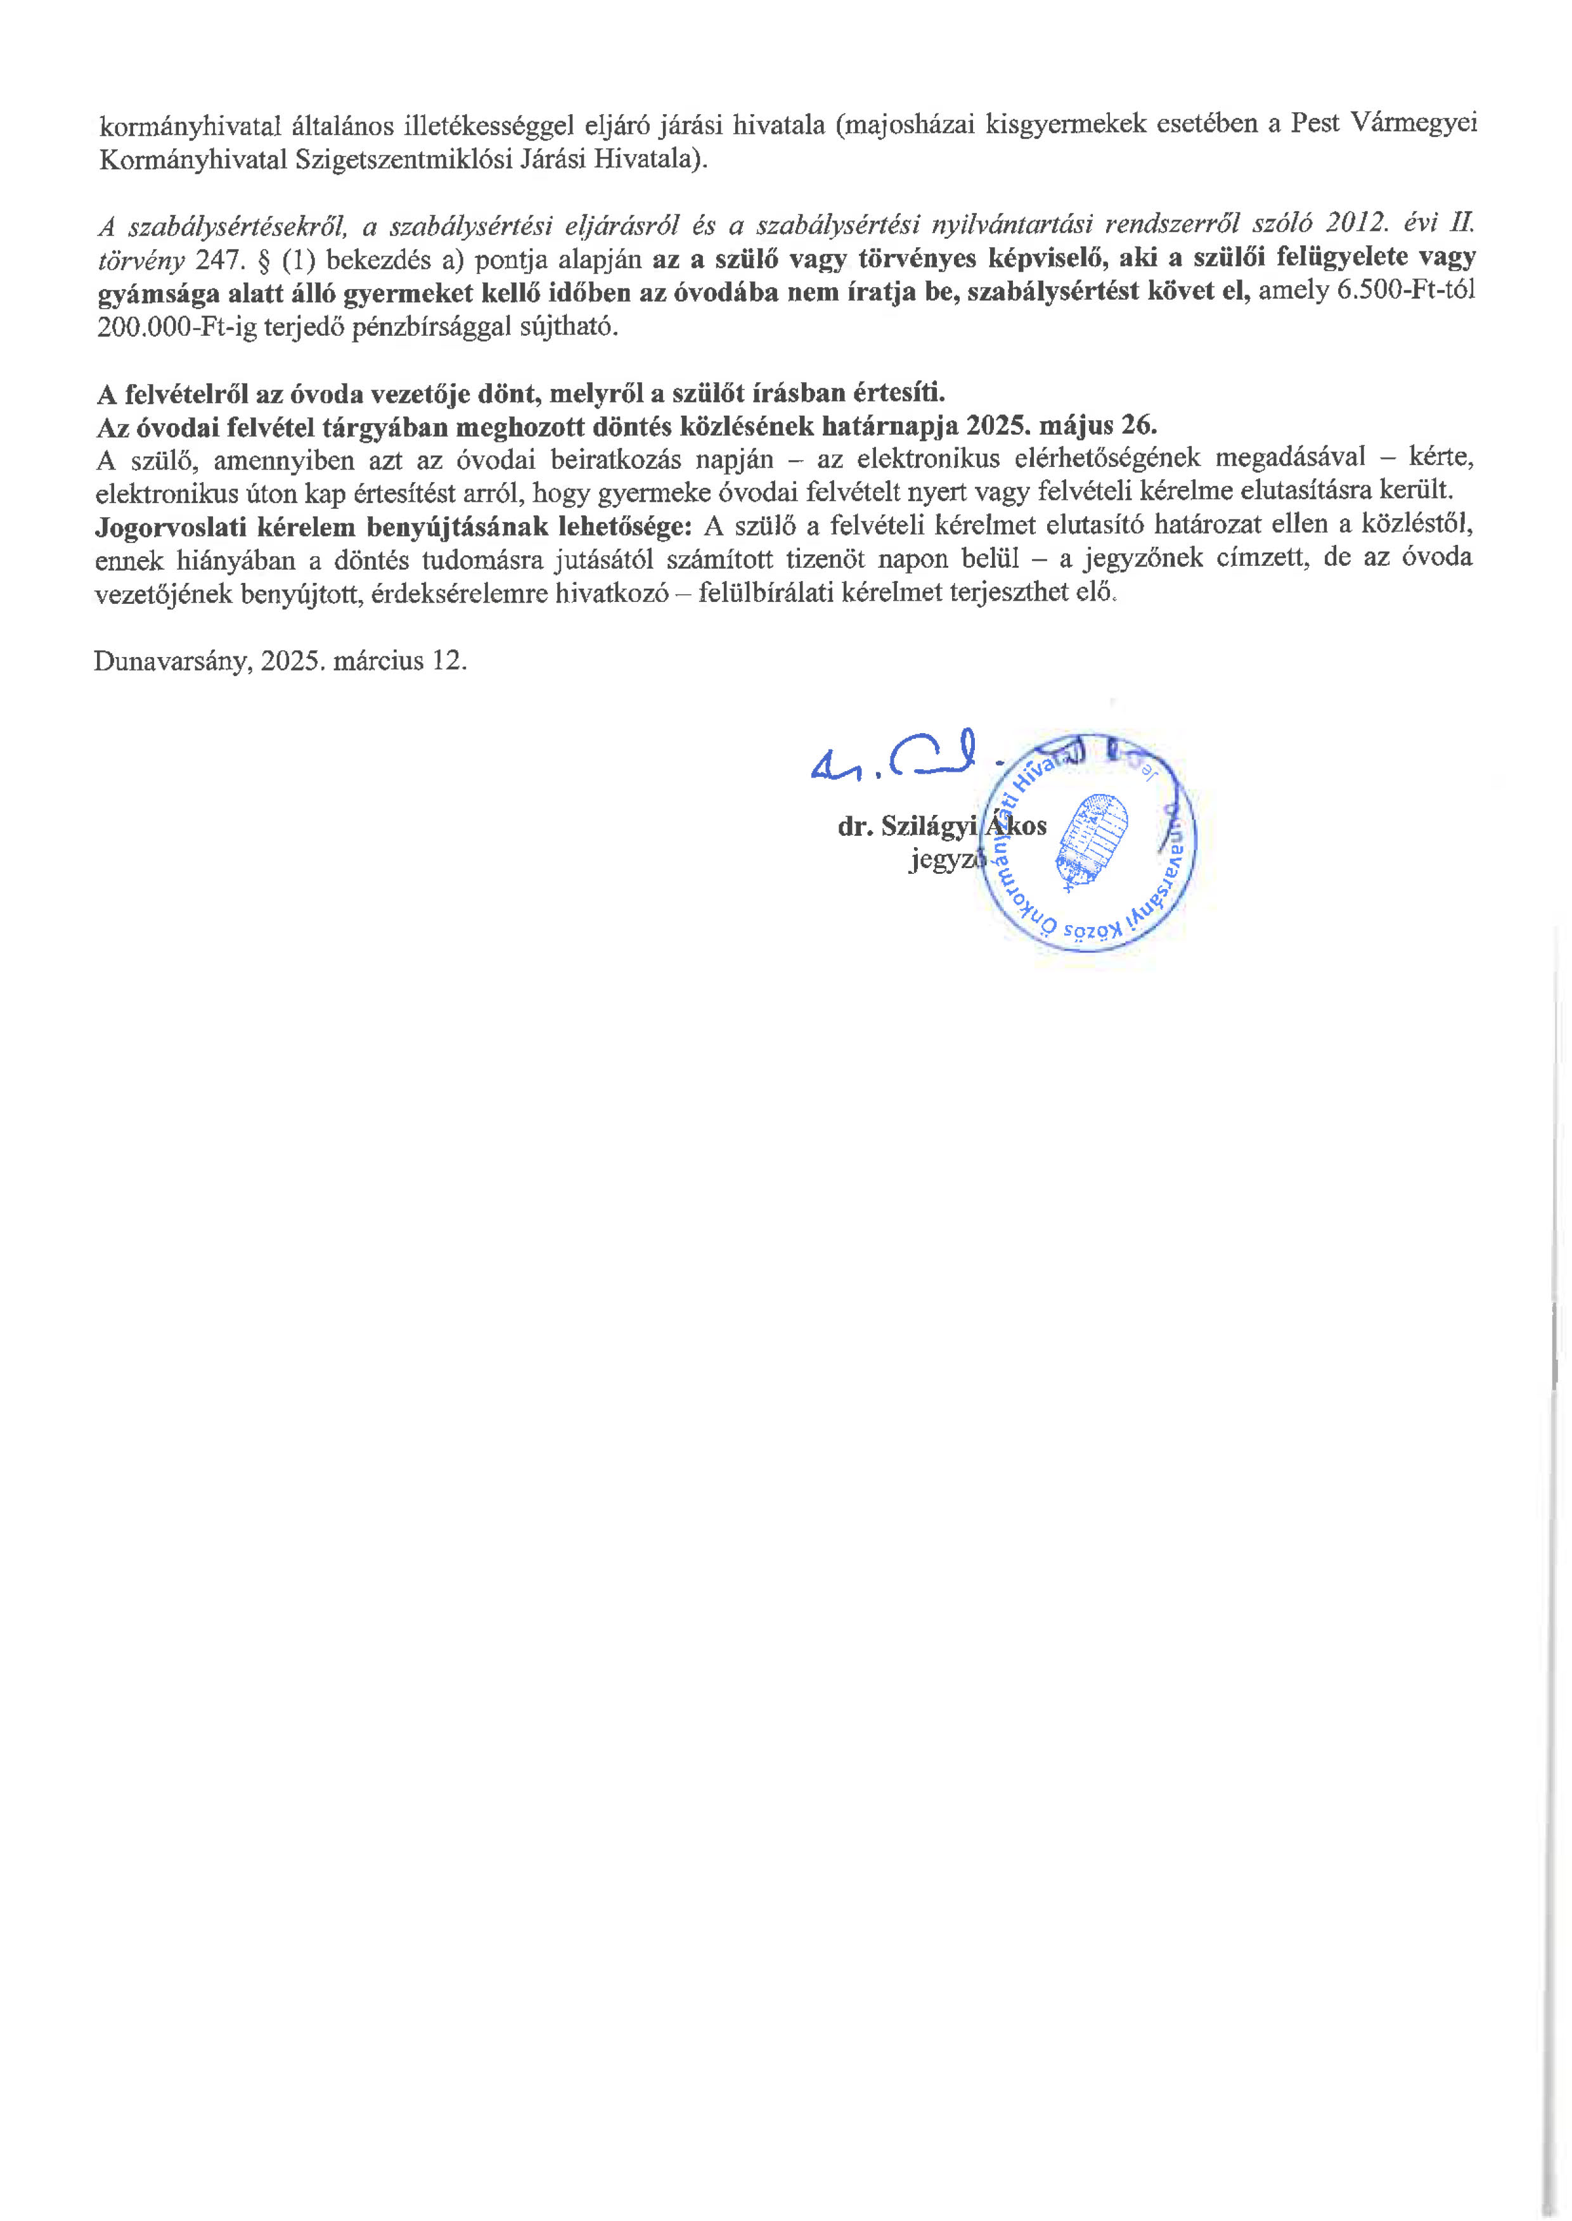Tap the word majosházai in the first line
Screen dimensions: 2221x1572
[x=910, y=125]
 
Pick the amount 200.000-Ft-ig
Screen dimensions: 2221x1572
[x=176, y=327]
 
